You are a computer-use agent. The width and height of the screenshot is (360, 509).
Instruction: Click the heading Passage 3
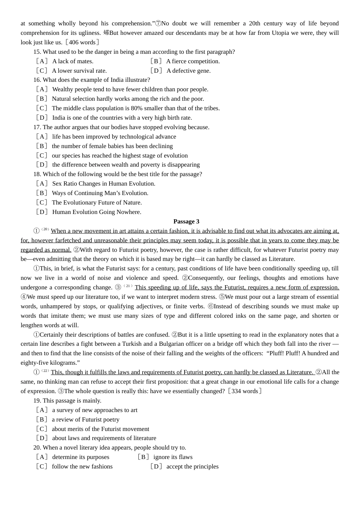pyautogui.click(x=186, y=222)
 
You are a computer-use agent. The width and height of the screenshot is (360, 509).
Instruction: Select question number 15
pyautogui.click(x=37, y=52)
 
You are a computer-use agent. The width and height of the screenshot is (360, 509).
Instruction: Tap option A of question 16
pyautogui.click(x=42, y=89)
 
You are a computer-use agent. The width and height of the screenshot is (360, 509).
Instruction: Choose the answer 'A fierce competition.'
pyautogui.click(x=193, y=61)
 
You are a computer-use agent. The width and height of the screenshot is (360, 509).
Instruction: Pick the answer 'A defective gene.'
pyautogui.click(x=188, y=71)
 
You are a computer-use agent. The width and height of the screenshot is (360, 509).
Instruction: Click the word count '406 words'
pyautogui.click(x=82, y=42)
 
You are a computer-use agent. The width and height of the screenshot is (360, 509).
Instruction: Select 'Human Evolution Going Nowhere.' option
pyautogui.click(x=97, y=212)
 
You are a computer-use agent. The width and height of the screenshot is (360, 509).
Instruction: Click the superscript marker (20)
pyautogui.click(x=45, y=230)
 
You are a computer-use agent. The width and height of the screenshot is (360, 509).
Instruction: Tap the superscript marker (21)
pyautogui.click(x=128, y=286)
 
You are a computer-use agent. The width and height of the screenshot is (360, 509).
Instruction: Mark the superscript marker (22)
pyautogui.click(x=45, y=371)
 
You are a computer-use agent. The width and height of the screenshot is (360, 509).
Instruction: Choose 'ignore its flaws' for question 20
pyautogui.click(x=173, y=457)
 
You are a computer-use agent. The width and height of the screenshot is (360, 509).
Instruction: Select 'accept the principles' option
pyautogui.click(x=192, y=467)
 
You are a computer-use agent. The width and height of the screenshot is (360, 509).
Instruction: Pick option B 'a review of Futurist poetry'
pyautogui.click(x=86, y=420)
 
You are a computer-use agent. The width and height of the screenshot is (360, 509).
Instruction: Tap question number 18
pyautogui.click(x=37, y=174)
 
